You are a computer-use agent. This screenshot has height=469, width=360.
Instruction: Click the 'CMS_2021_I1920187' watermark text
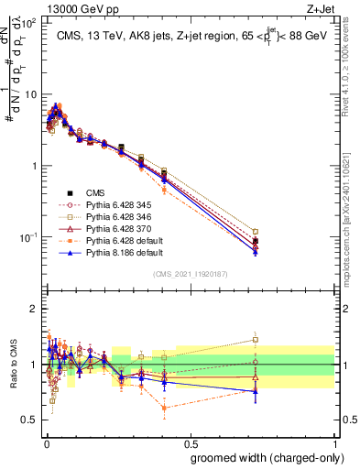(190, 273)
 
